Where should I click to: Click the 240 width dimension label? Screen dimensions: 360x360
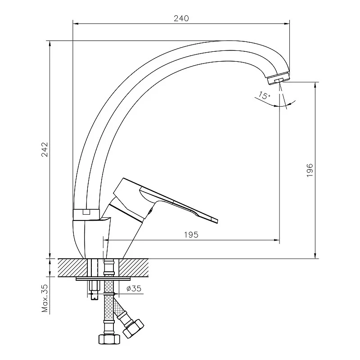(181, 18)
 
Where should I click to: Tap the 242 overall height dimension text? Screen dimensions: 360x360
(45, 149)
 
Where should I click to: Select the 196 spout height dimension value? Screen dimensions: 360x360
(310, 170)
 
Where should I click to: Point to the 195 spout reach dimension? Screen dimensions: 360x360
(191, 234)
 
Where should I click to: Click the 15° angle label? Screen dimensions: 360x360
(264, 95)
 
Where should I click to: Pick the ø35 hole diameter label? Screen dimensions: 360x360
(134, 288)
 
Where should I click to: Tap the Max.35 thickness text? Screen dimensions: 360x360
(45, 298)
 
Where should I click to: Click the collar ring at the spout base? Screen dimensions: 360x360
(86, 214)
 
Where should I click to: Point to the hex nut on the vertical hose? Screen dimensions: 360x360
(109, 339)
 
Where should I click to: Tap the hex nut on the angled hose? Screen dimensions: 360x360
(133, 328)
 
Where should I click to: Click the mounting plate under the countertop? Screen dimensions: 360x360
(103, 279)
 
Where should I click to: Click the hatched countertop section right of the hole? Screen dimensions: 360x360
(134, 268)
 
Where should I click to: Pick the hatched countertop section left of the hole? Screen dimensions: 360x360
(72, 268)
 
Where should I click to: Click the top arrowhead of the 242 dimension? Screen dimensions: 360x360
(50, 44)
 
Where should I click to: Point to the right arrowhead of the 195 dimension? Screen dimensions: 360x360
(277, 240)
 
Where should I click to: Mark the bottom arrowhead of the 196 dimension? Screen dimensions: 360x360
(315, 256)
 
